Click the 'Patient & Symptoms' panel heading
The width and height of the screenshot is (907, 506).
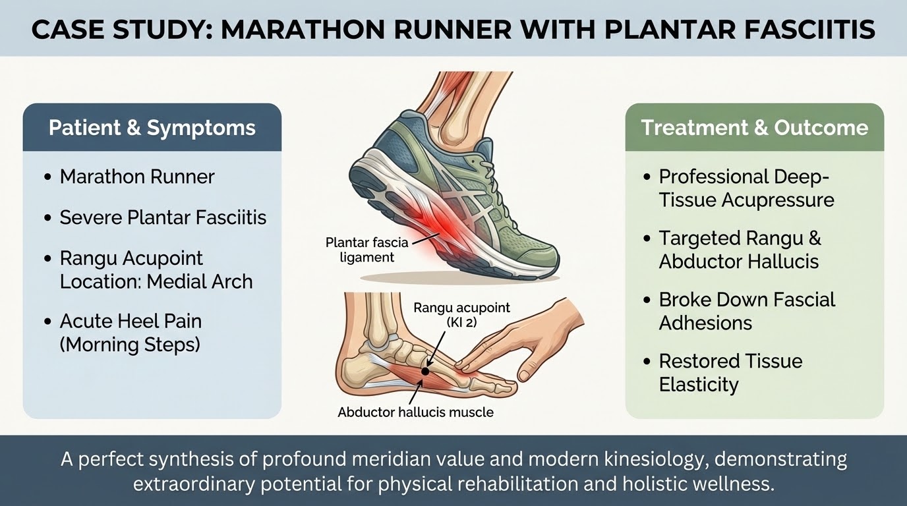(x=152, y=128)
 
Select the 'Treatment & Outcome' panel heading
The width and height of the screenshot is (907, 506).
(x=755, y=128)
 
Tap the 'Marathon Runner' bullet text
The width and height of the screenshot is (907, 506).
(x=137, y=177)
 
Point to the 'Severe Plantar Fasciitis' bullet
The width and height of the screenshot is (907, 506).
(x=163, y=217)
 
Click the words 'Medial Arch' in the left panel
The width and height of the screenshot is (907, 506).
(x=199, y=281)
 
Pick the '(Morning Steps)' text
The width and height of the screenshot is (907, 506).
(x=130, y=345)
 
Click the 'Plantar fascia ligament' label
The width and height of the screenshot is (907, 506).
(x=367, y=250)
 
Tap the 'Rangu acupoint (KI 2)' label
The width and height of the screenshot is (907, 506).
(x=461, y=315)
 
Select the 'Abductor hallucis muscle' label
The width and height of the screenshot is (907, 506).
(x=416, y=412)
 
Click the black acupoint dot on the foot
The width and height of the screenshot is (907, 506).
(x=424, y=371)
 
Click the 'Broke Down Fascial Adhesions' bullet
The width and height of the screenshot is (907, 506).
(x=747, y=311)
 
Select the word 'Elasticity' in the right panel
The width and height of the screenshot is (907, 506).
(x=699, y=384)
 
